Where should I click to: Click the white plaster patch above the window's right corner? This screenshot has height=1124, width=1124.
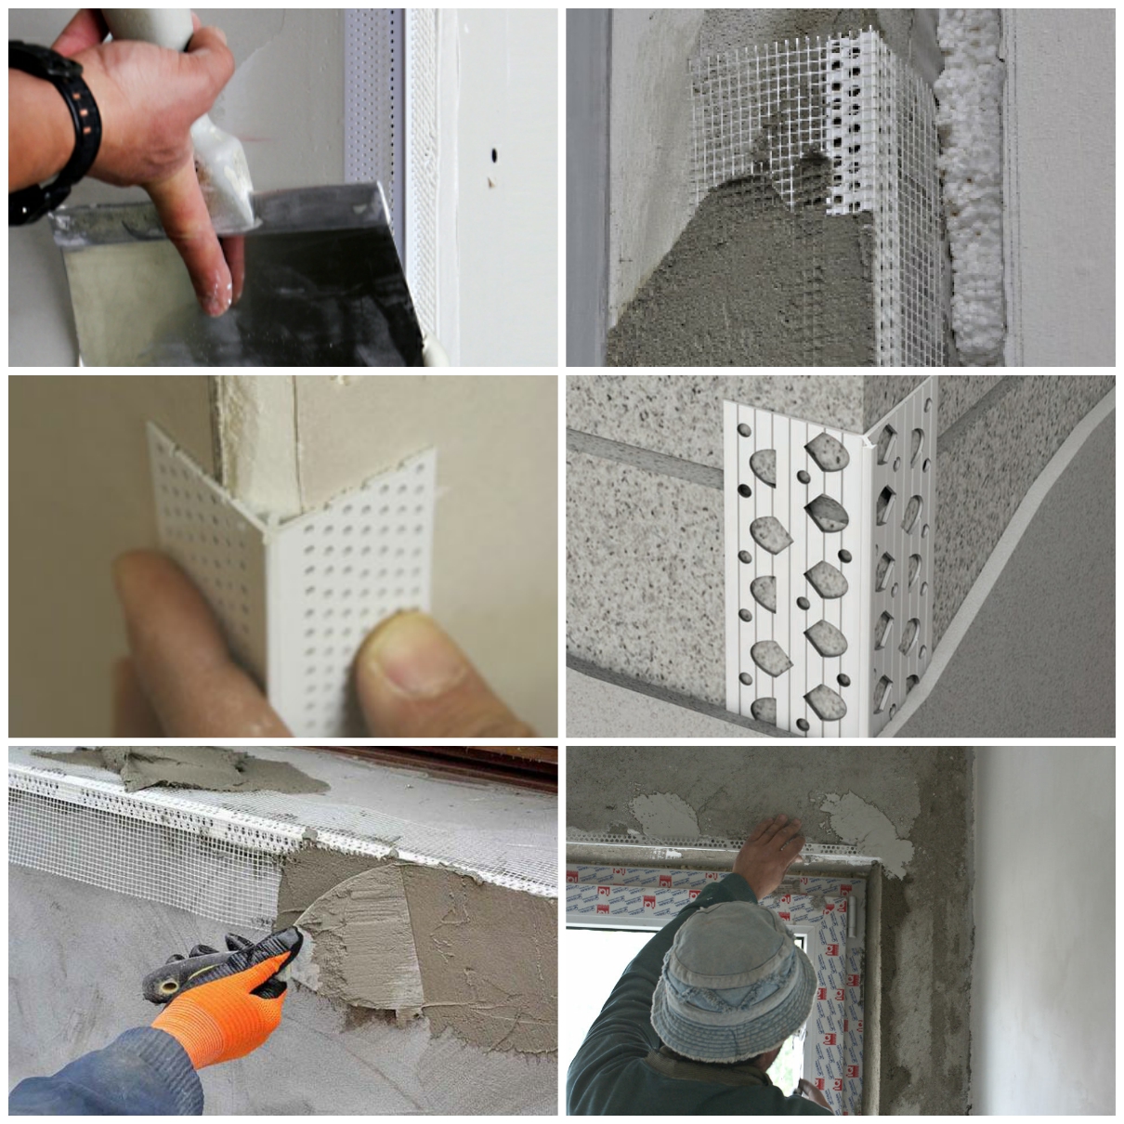859,827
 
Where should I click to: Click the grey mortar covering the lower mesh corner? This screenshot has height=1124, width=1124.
734,279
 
